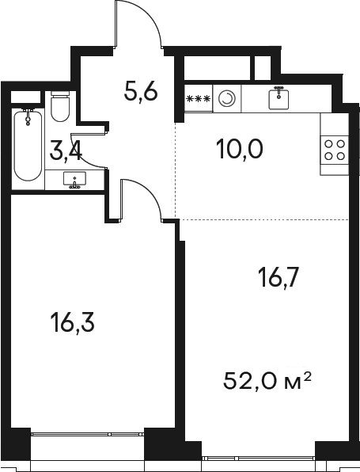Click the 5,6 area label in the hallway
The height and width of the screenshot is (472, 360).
pos(142,92)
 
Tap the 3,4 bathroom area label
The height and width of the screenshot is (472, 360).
pos(66,150)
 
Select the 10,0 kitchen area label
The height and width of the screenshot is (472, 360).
pos(239,147)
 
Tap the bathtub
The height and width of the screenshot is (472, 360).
pos(28,147)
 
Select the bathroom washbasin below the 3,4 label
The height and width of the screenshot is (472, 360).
pos(75,181)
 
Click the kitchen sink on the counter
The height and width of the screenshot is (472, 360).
pos(279,98)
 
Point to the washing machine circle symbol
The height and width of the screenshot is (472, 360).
pos(227,99)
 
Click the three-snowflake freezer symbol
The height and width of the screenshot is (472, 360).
pos(198,99)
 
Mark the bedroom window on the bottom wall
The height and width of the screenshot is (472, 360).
pos(87,433)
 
